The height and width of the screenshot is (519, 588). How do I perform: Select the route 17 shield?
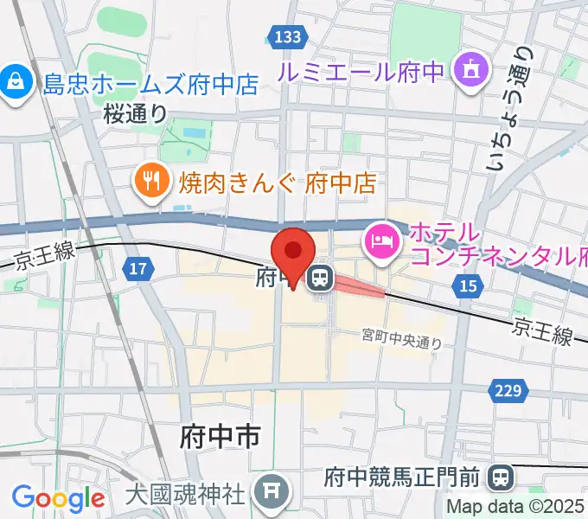point(137,269)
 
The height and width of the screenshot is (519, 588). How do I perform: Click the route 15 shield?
point(469,285)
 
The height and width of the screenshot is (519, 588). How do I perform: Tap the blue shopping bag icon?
point(15,84)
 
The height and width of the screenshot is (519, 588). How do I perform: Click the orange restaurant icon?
point(152,180)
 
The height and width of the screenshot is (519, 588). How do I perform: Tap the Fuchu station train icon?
point(320,279)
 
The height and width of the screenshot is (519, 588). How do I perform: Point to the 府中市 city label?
point(220,437)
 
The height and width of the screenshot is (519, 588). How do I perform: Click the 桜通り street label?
point(135,113)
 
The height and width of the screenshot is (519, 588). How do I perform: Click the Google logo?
point(58,498)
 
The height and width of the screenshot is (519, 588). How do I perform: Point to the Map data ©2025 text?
point(516,508)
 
